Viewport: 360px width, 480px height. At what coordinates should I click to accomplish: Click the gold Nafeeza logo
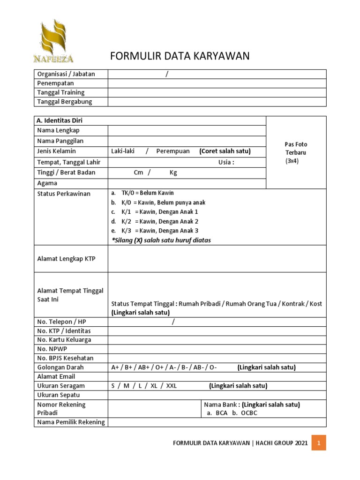click(53, 41)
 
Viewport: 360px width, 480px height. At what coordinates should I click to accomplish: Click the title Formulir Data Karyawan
click(180, 56)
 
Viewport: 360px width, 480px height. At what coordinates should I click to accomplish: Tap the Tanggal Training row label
click(61, 92)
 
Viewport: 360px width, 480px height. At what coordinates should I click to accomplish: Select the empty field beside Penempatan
click(217, 83)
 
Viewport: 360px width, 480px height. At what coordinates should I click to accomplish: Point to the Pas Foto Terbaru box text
click(296, 152)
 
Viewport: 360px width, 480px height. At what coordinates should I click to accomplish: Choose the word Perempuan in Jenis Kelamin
click(173, 151)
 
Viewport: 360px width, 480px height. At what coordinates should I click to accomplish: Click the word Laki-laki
click(123, 151)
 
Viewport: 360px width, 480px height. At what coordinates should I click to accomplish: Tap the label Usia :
click(226, 162)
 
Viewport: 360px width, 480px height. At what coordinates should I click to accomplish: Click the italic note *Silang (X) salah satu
click(161, 240)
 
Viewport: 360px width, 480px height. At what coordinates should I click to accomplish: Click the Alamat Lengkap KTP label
click(66, 258)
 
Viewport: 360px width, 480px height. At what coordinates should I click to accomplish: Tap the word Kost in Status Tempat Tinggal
click(316, 304)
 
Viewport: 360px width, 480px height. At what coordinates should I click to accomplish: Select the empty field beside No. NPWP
click(217, 349)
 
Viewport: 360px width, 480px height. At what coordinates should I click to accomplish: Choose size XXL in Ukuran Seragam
click(172, 386)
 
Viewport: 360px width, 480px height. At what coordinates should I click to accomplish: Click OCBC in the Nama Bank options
click(249, 413)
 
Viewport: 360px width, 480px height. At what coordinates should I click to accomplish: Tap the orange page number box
click(319, 442)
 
